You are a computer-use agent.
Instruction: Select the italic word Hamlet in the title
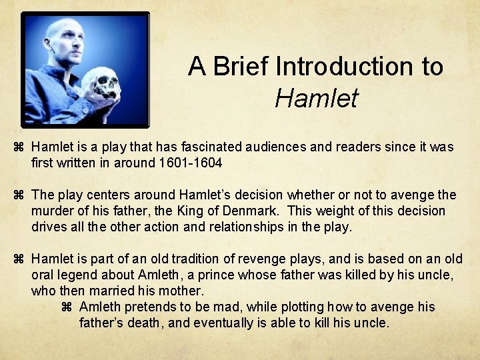tap(316, 98)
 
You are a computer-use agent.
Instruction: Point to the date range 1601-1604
tap(190, 163)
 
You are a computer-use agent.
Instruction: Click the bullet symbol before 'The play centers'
tap(19, 195)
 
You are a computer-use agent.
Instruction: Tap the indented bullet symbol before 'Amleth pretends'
tap(66, 307)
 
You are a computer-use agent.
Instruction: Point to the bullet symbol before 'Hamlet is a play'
tap(19, 147)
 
